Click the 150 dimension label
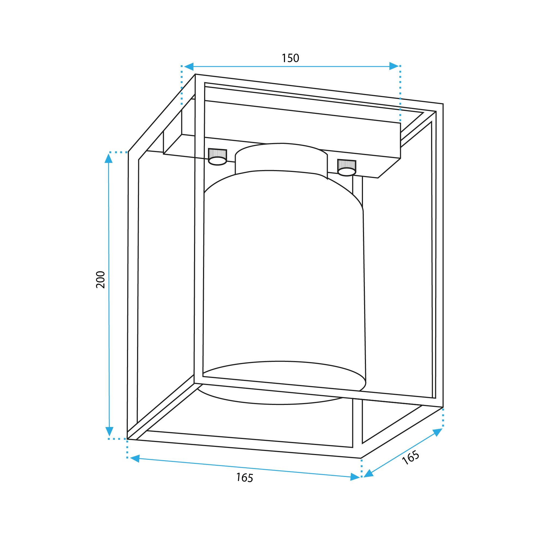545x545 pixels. coord(290,58)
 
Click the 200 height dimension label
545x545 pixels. coord(101,280)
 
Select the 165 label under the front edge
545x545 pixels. coord(245,477)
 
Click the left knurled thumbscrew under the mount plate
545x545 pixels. coord(217,157)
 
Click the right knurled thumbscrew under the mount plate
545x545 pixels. coord(347,168)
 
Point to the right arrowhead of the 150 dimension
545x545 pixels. coord(394,66)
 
